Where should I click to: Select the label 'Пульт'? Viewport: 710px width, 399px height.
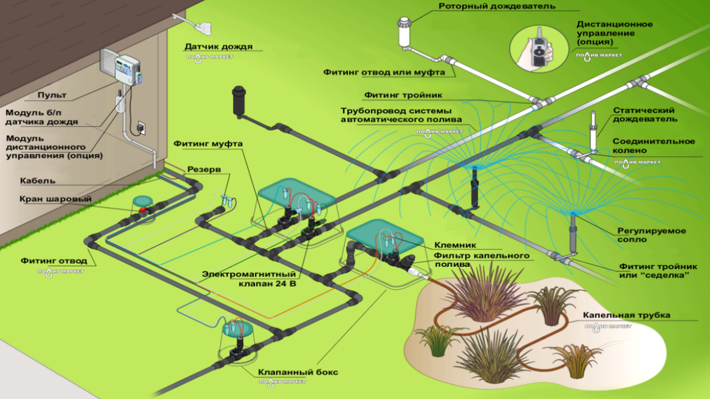tap(52, 95)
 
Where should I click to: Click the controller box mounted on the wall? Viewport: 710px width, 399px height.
tap(121, 67)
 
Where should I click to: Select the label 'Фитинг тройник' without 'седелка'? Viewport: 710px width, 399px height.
tap(403, 94)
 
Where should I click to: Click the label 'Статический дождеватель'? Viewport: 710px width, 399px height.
tap(644, 115)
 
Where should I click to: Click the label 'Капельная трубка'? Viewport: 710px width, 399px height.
tap(627, 316)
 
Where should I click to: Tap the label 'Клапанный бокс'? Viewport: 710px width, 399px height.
tap(298, 372)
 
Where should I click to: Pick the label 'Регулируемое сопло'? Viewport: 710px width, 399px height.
tap(651, 234)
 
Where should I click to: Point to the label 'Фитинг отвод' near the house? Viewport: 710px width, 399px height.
tap(54, 260)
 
